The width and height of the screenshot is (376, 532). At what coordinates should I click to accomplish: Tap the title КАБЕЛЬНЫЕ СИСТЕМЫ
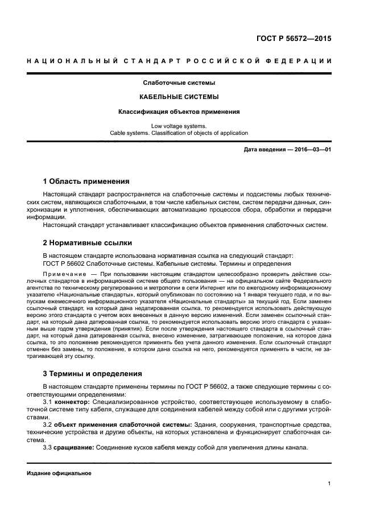179,97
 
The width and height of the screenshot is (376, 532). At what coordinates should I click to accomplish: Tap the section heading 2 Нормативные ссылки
88,242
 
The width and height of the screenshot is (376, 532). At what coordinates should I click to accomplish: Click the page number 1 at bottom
329,484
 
